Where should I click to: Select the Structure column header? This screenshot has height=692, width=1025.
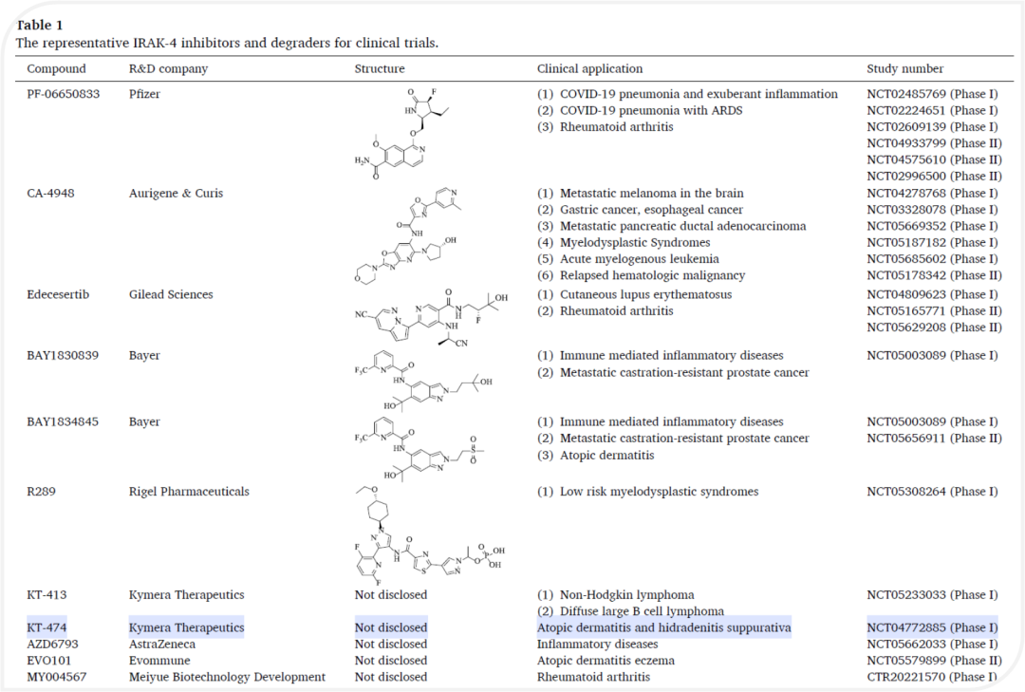[x=380, y=69]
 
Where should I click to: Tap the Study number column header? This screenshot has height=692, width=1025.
[x=904, y=69]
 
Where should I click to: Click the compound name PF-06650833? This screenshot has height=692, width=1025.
[x=63, y=94]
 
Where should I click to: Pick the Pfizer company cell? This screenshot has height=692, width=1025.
[x=145, y=94]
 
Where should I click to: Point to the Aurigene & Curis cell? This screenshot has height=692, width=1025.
[x=176, y=194]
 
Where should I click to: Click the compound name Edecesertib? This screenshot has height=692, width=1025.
[x=58, y=294]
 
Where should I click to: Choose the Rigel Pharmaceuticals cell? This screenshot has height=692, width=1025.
[x=189, y=492]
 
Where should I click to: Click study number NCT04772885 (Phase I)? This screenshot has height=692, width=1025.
[x=932, y=627]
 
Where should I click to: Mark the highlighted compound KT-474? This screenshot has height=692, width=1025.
[x=47, y=627]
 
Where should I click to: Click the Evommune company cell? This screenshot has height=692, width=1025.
[x=159, y=661]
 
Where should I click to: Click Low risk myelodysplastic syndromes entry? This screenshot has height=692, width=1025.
[x=659, y=492]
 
